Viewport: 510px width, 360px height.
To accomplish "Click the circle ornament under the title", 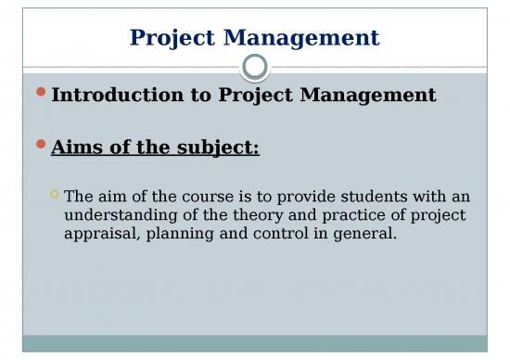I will point(255,66).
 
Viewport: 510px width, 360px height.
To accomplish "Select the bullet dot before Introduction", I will point(41,94).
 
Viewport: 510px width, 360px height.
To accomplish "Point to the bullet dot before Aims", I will point(41,145).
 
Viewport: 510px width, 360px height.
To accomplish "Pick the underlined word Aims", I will point(79,145).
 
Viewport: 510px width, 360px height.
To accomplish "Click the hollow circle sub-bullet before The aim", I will point(55,195).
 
